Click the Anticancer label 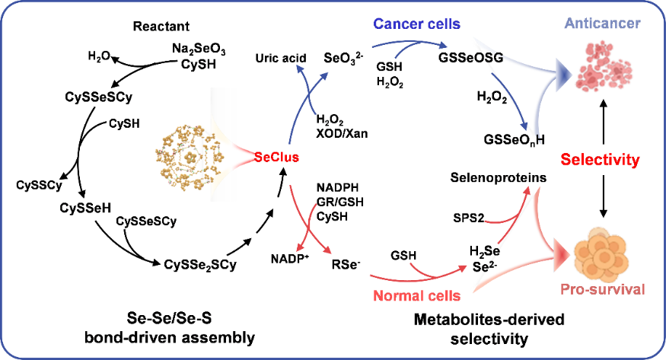pyautogui.click(x=602, y=24)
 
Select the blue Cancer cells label pyautogui.click(x=416, y=24)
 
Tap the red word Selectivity pyautogui.click(x=600, y=160)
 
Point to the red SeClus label pyautogui.click(x=276, y=158)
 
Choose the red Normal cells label pyautogui.click(x=416, y=296)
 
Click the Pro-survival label pyautogui.click(x=602, y=289)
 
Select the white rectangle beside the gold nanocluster pyautogui.click(x=224, y=145)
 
